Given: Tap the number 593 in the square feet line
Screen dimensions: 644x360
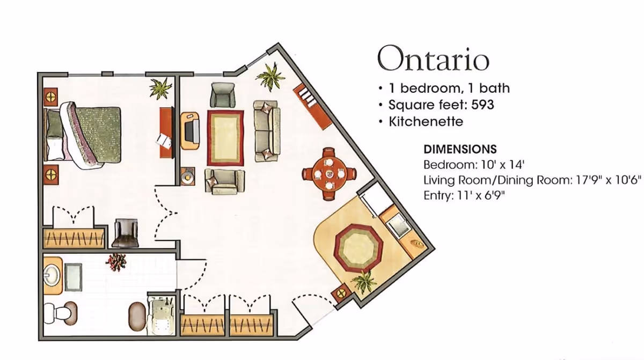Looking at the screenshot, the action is click(x=482, y=105).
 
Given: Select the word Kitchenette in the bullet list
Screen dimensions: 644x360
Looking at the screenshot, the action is click(x=426, y=122).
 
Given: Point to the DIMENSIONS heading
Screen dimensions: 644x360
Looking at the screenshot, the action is click(x=460, y=149).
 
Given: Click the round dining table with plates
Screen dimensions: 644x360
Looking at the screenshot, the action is click(x=330, y=174).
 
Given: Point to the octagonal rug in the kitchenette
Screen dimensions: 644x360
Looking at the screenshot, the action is click(x=358, y=248).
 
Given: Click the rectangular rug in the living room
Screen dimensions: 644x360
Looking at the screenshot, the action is click(x=225, y=138).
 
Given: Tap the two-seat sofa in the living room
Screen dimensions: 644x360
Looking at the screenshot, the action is click(x=267, y=131).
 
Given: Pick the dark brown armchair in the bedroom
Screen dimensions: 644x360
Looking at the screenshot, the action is click(x=126, y=233).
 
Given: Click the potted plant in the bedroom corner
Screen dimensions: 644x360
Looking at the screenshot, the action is click(x=160, y=88).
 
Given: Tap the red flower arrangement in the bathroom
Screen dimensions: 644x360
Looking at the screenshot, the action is click(x=116, y=262).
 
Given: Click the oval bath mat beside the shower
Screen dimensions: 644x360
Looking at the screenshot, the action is click(x=138, y=317).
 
